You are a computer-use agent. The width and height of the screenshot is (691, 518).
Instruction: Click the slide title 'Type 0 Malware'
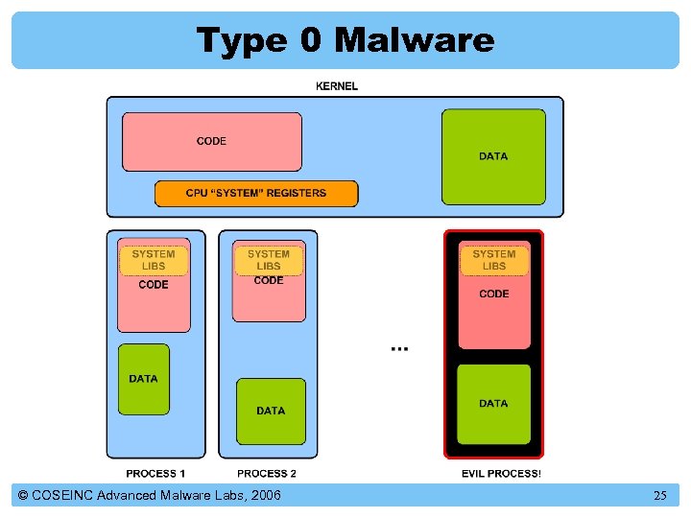tap(345, 40)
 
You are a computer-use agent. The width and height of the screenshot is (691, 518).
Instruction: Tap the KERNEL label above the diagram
tap(337, 86)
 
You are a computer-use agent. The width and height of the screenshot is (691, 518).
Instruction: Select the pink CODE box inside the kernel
tap(211, 141)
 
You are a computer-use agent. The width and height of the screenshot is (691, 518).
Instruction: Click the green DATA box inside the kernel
tap(493, 155)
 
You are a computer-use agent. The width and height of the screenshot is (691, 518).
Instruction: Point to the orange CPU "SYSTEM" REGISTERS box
tap(256, 193)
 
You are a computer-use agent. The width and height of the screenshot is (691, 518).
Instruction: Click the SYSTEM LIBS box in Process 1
tap(154, 260)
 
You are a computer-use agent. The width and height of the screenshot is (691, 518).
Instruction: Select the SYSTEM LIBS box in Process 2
tap(269, 260)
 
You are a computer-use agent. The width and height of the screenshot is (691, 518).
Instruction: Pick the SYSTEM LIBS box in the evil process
tap(494, 260)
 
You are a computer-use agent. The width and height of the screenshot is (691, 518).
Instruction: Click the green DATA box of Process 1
tap(143, 379)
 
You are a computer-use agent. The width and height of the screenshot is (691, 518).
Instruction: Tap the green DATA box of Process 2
tap(271, 411)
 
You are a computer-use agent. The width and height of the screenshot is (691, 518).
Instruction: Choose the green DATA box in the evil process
tap(493, 404)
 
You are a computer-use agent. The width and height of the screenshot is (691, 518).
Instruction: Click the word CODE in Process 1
tap(154, 285)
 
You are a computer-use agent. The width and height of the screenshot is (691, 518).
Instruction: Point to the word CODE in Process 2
tap(269, 281)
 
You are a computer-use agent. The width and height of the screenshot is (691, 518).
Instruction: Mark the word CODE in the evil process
tap(494, 294)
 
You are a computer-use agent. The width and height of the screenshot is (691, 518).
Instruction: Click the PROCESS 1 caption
tap(156, 474)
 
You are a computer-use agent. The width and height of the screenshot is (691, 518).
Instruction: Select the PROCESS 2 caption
tap(267, 474)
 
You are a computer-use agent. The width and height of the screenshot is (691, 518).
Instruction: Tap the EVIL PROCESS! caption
tap(501, 474)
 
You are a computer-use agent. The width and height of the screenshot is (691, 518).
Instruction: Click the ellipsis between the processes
tap(399, 347)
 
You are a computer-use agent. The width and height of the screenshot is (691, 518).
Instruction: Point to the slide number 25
tap(660, 496)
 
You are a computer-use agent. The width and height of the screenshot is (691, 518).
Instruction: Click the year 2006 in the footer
tap(263, 496)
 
